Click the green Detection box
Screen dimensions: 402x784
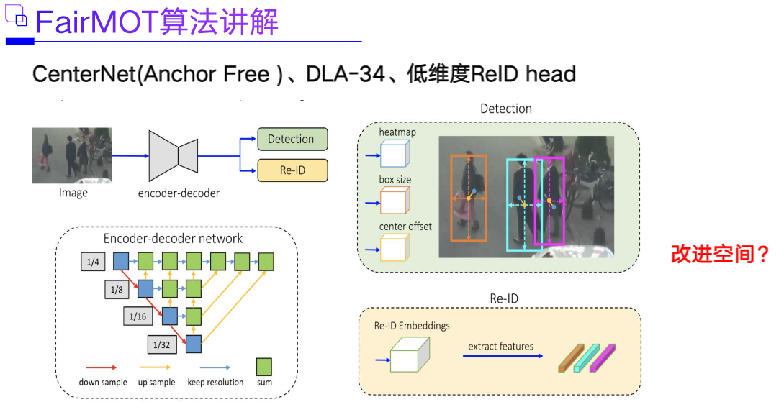click(292, 139)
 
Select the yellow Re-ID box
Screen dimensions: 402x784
click(292, 170)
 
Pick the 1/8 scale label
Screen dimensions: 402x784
click(117, 290)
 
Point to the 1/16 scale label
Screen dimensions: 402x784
click(138, 316)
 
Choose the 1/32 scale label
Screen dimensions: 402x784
click(161, 344)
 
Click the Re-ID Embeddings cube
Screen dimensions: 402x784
click(409, 355)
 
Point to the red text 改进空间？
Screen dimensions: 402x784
click(720, 254)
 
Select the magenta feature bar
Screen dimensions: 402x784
click(603, 357)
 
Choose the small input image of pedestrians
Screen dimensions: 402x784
click(72, 155)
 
